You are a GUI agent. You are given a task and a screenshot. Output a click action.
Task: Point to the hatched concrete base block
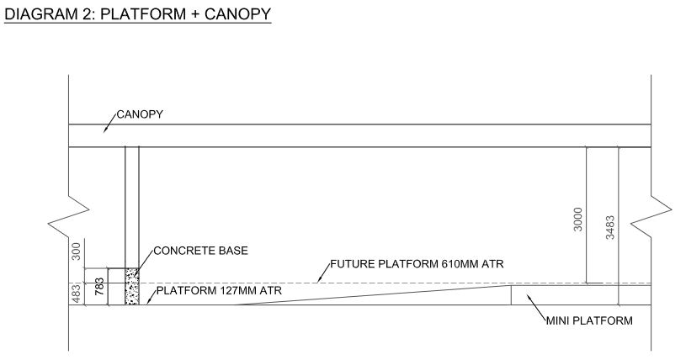tap(130, 286)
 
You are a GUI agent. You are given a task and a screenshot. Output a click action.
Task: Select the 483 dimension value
tap(77, 293)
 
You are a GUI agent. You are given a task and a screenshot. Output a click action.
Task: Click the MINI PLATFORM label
tap(589, 320)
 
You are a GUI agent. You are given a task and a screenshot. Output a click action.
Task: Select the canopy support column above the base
tap(132, 206)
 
